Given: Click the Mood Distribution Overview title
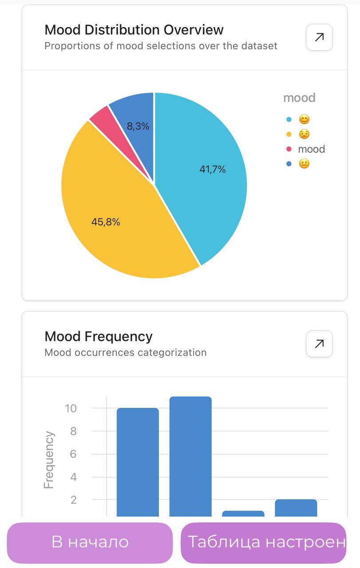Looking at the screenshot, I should [x=134, y=30].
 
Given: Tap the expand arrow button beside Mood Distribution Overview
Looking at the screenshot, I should [x=319, y=37].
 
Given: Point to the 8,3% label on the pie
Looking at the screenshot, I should [x=138, y=126].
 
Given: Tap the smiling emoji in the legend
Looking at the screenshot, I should [x=304, y=119].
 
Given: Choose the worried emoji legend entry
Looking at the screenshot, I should [x=304, y=134].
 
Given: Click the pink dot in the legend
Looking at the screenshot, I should [x=289, y=149].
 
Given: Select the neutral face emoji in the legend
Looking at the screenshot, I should [x=304, y=164].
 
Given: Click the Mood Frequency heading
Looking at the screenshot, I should [x=98, y=336].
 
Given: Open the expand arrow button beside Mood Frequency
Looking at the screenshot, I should [x=319, y=344].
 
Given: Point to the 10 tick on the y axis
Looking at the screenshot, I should [x=71, y=408].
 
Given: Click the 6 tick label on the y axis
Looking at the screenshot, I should [x=73, y=454].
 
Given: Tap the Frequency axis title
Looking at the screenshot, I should [x=49, y=460].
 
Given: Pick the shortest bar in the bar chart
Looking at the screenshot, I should [x=243, y=513].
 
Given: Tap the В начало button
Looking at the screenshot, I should [x=90, y=542].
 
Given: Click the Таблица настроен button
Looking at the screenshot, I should [x=264, y=542].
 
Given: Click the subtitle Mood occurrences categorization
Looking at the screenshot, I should [x=126, y=353].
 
